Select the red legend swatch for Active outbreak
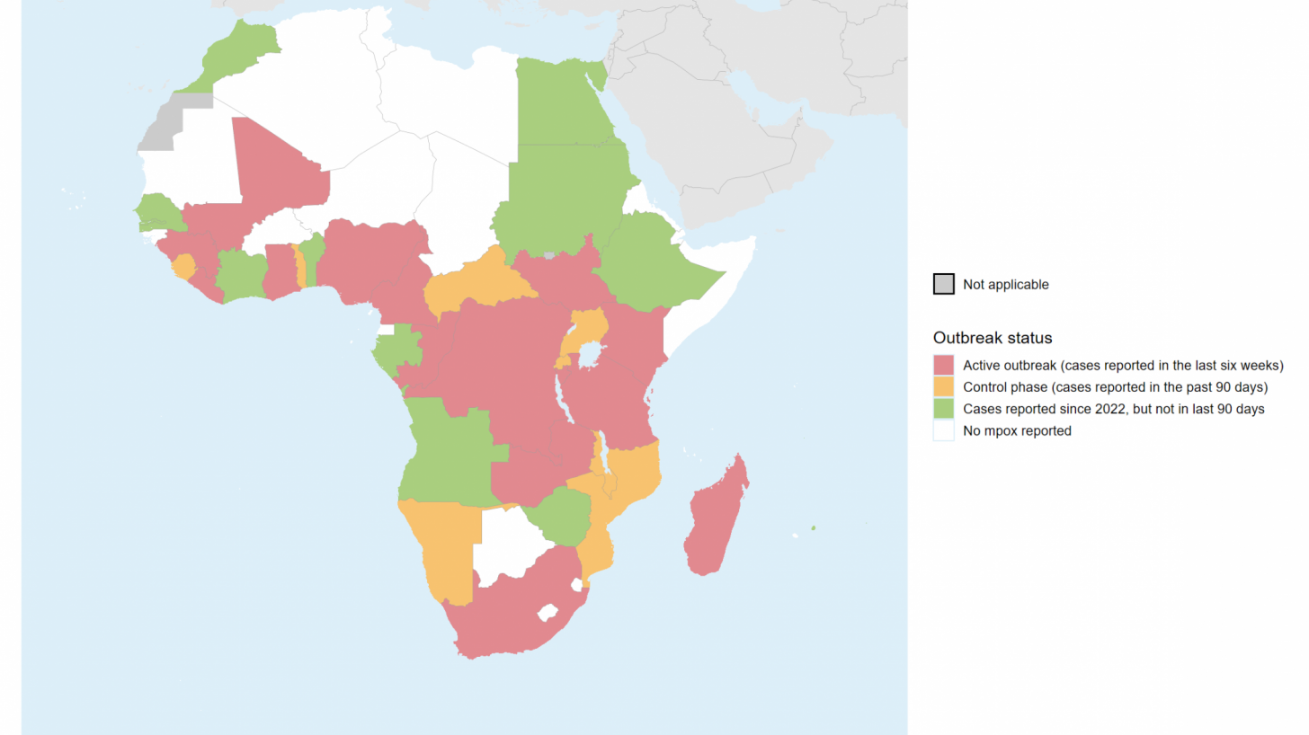(x=943, y=365)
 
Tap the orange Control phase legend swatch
(x=943, y=386)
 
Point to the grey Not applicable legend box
(x=943, y=284)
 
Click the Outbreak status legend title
(x=993, y=338)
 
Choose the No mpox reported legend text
(x=1017, y=430)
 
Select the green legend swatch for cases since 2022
(x=943, y=409)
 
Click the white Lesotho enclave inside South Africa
(x=545, y=614)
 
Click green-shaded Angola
(x=445, y=449)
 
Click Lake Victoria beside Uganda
(x=590, y=356)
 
